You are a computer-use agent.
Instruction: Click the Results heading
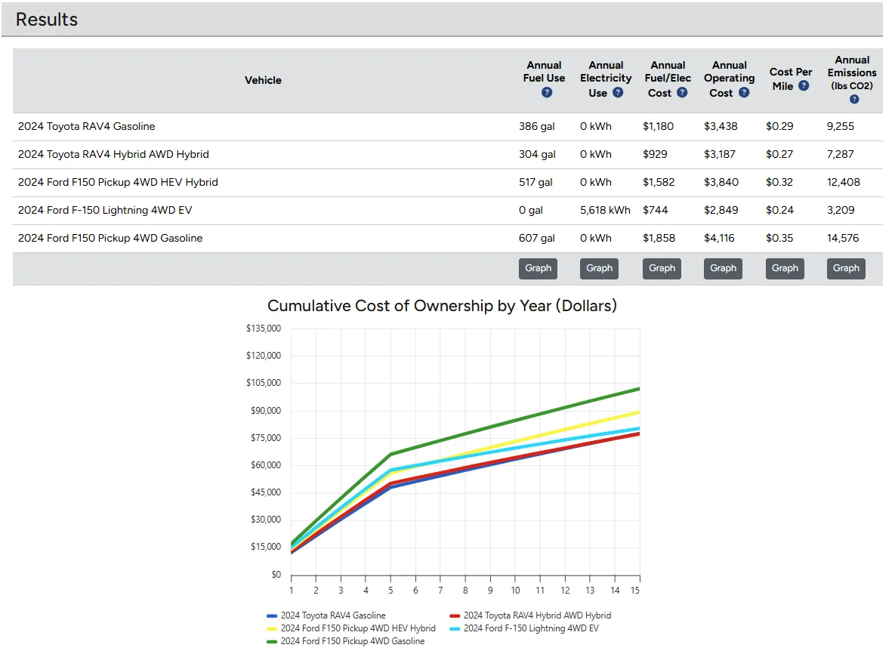click(x=47, y=20)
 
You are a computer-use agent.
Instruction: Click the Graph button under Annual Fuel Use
click(x=538, y=268)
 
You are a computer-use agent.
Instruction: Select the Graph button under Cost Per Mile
click(x=785, y=268)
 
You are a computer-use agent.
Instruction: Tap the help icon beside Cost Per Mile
click(x=804, y=86)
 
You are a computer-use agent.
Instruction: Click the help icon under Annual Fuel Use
click(x=547, y=92)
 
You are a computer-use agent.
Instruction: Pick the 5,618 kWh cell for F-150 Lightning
click(x=605, y=210)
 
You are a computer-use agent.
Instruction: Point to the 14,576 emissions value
click(x=843, y=238)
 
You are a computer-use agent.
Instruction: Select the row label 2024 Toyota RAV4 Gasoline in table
click(x=87, y=126)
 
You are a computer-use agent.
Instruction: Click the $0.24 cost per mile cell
click(x=779, y=210)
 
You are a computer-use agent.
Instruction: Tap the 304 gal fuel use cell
click(x=537, y=154)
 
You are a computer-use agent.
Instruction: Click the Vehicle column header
click(x=263, y=80)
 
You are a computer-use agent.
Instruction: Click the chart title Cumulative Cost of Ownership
click(x=442, y=306)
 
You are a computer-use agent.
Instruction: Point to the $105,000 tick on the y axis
click(x=264, y=383)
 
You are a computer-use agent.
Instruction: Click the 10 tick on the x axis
click(x=515, y=590)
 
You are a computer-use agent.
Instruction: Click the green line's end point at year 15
click(x=639, y=389)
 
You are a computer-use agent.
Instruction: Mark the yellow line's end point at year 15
click(x=639, y=412)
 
